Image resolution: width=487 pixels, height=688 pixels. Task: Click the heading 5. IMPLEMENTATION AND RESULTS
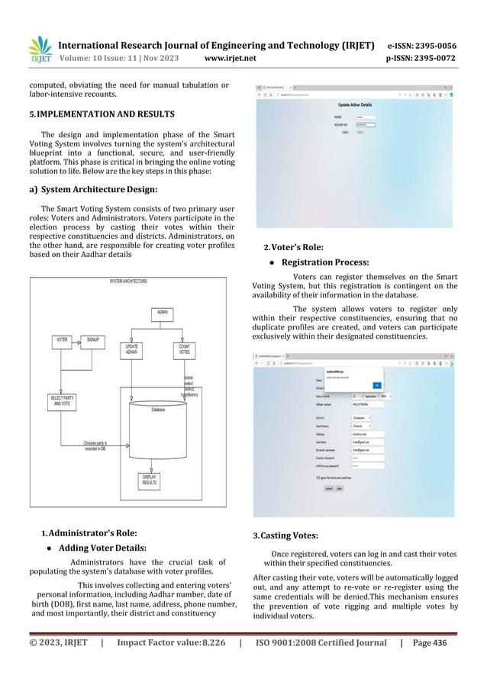pyautogui.click(x=102, y=114)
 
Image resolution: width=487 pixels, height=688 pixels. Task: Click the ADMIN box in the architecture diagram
pyautogui.click(x=163, y=312)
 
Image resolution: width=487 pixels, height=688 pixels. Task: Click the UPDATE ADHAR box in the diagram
pyautogui.click(x=131, y=349)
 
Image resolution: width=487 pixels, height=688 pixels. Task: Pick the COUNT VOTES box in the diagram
pyautogui.click(x=184, y=349)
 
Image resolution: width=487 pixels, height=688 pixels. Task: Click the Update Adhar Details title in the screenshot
pyautogui.click(x=355, y=104)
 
